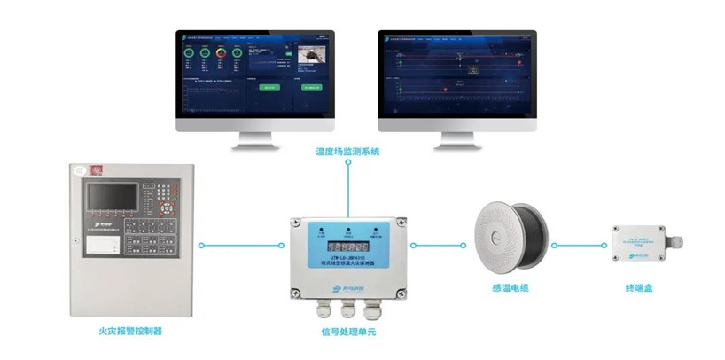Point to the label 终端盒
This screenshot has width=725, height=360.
638,287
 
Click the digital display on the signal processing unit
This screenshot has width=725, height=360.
348,247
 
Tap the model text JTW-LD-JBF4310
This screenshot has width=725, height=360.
348,260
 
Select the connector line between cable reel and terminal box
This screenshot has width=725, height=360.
578,245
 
